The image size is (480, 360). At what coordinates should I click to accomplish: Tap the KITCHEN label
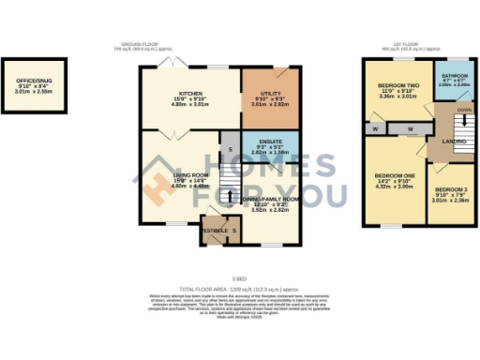tap(191, 93)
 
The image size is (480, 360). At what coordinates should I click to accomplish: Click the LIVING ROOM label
tap(190, 174)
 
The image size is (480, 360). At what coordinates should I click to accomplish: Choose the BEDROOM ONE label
tap(395, 175)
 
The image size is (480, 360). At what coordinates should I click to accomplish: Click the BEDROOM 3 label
tap(451, 188)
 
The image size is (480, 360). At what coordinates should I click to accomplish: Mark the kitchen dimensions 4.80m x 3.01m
tap(191, 104)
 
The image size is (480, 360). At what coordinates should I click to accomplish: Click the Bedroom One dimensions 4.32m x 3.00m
tap(395, 187)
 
